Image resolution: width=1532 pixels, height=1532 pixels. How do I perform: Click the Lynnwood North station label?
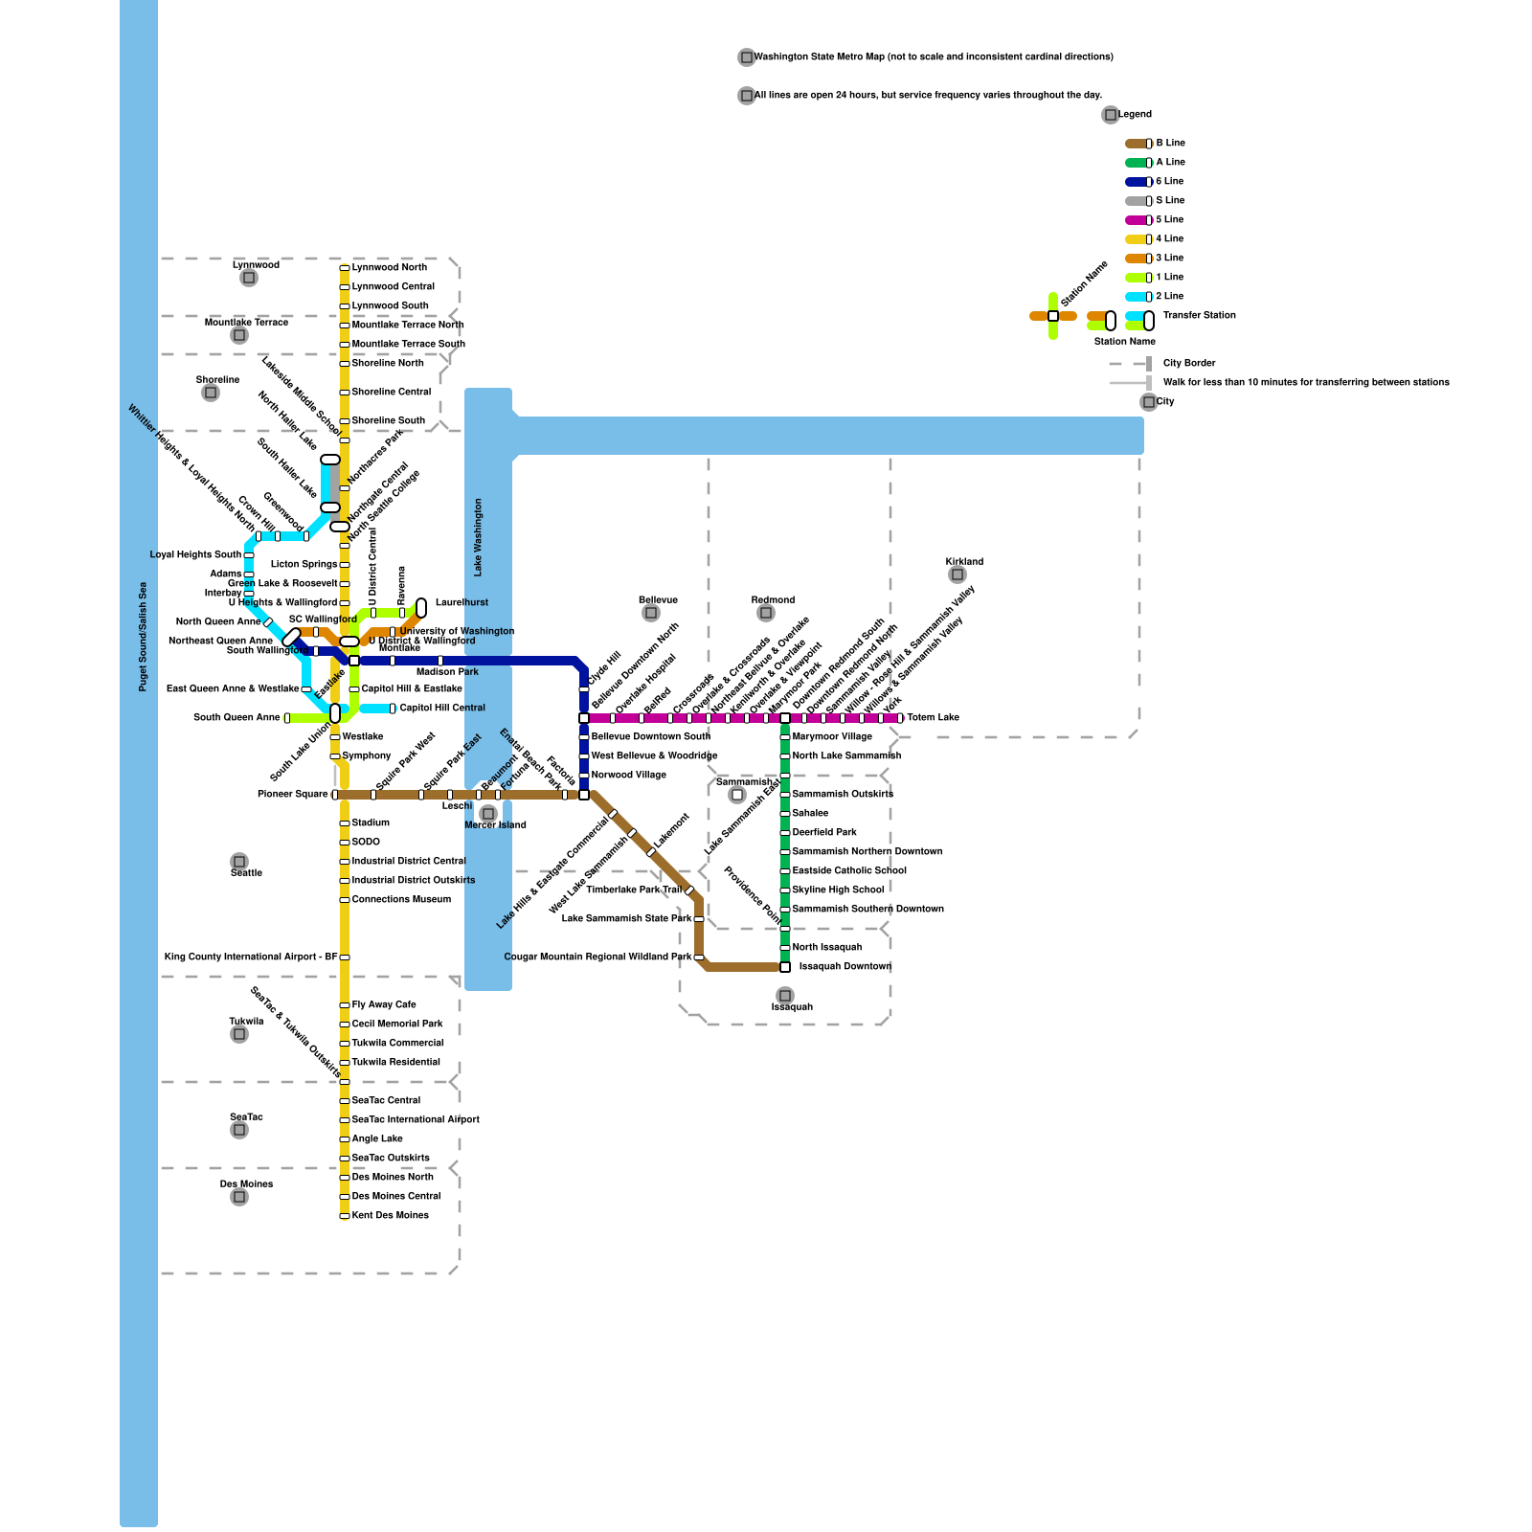pyautogui.click(x=389, y=268)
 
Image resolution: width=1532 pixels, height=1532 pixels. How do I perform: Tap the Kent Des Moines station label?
pyautogui.click(x=390, y=1216)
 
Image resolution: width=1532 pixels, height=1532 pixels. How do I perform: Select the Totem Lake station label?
pyautogui.click(x=933, y=718)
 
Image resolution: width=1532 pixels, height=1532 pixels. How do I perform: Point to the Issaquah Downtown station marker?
pyautogui.click(x=785, y=967)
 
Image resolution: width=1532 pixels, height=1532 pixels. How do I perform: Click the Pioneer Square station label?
pyautogui.click(x=292, y=795)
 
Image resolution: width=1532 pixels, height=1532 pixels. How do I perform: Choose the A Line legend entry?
pyautogui.click(x=1170, y=163)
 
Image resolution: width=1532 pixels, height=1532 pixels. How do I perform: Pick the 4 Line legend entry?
pyautogui.click(x=1169, y=239)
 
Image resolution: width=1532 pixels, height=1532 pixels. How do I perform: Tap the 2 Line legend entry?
pyautogui.click(x=1169, y=297)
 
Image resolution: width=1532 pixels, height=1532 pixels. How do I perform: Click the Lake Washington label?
pyautogui.click(x=479, y=537)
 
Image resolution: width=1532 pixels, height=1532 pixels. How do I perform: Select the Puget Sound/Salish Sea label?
pyautogui.click(x=143, y=637)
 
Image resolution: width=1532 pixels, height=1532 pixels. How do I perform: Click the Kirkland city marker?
pyautogui.click(x=957, y=574)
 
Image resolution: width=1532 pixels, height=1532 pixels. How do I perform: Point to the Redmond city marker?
pyautogui.click(x=766, y=613)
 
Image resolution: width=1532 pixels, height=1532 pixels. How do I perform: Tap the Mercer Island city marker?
pyautogui.click(x=487, y=814)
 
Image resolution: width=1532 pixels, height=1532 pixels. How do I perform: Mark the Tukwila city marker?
pyautogui.click(x=239, y=1034)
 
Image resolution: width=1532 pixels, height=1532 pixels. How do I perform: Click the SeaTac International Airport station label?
pyautogui.click(x=416, y=1120)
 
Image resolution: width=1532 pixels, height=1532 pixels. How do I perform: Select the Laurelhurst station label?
pyautogui.click(x=462, y=603)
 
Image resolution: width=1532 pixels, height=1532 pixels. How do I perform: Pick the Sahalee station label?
pyautogui.click(x=810, y=814)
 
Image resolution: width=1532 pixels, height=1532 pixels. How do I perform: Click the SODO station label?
pyautogui.click(x=366, y=843)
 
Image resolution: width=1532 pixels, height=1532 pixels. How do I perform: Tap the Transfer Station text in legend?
pyautogui.click(x=1199, y=316)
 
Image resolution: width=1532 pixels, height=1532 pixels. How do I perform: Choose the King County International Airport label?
pyautogui.click(x=251, y=957)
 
